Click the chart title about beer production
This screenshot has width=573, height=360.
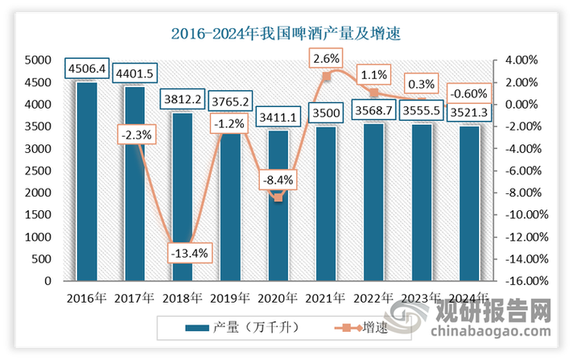point(286,35)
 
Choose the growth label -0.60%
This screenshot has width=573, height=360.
point(468,92)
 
